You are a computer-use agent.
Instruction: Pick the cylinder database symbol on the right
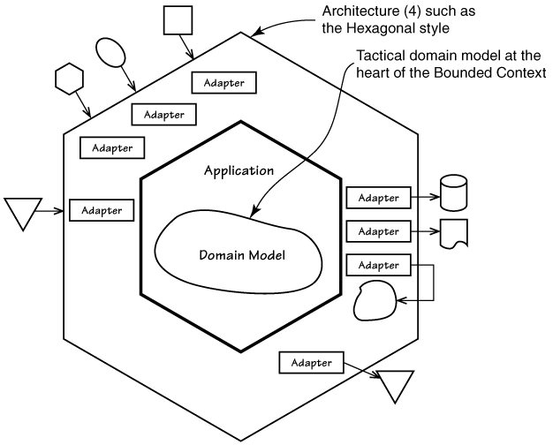[x=452, y=193]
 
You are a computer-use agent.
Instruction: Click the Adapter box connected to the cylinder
[x=378, y=198]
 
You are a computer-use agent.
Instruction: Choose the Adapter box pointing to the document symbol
[x=378, y=231]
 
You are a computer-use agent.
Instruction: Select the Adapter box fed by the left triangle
[x=102, y=210]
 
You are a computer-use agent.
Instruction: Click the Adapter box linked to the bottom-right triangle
[x=311, y=362]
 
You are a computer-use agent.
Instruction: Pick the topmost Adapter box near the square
[x=224, y=82]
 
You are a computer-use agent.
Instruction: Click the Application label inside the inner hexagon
[x=239, y=170]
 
